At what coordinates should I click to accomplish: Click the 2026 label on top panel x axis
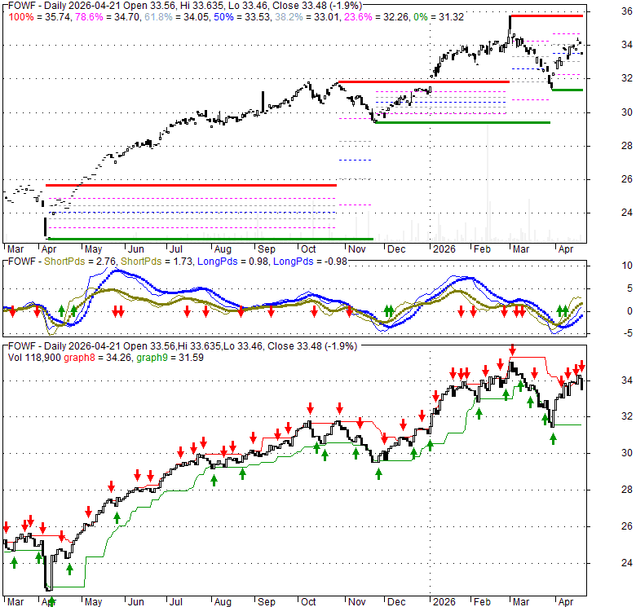(x=445, y=249)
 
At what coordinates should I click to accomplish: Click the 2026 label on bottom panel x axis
(x=445, y=602)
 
